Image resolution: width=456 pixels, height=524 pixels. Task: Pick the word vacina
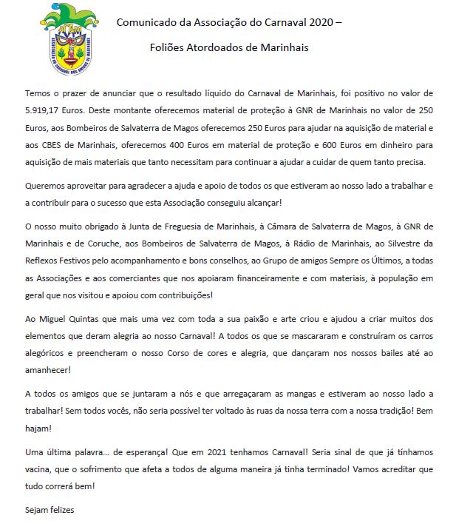[41, 468]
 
